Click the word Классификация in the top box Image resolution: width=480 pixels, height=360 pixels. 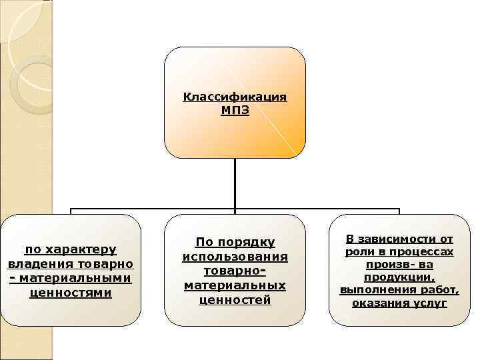(235, 97)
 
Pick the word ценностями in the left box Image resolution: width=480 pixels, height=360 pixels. (71, 293)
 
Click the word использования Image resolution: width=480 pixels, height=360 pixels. (235, 257)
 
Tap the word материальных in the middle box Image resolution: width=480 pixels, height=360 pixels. (235, 285)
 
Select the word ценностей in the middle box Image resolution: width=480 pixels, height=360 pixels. (235, 300)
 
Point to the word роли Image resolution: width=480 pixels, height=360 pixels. (357, 252)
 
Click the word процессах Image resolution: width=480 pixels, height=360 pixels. (423, 252)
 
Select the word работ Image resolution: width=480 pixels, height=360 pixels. (441, 291)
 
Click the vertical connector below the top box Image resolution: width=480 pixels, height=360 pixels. (235, 183)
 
